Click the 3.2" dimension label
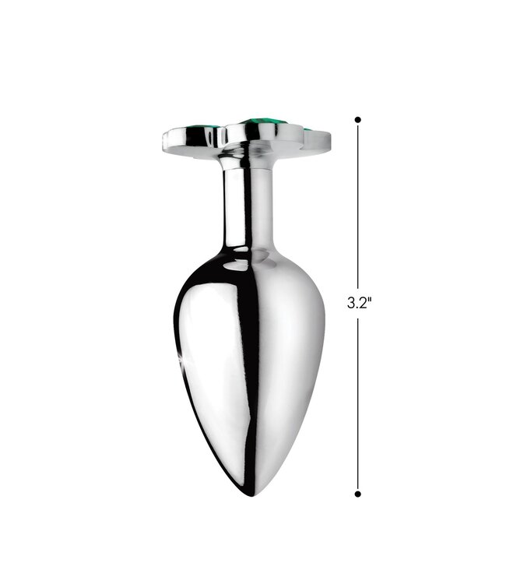(x=360, y=302)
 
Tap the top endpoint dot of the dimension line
(x=358, y=120)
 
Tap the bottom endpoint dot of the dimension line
(x=358, y=494)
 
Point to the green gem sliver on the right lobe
(x=308, y=129)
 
